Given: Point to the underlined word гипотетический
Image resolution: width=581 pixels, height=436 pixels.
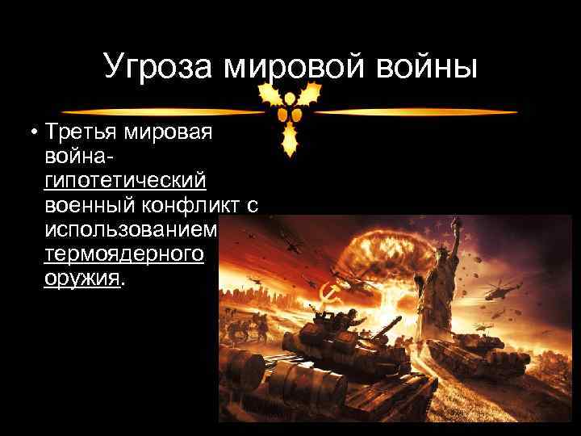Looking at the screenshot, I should (x=125, y=179).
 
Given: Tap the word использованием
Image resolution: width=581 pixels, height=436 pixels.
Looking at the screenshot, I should (x=132, y=230).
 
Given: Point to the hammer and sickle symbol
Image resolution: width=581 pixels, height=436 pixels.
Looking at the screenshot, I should (x=330, y=294).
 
